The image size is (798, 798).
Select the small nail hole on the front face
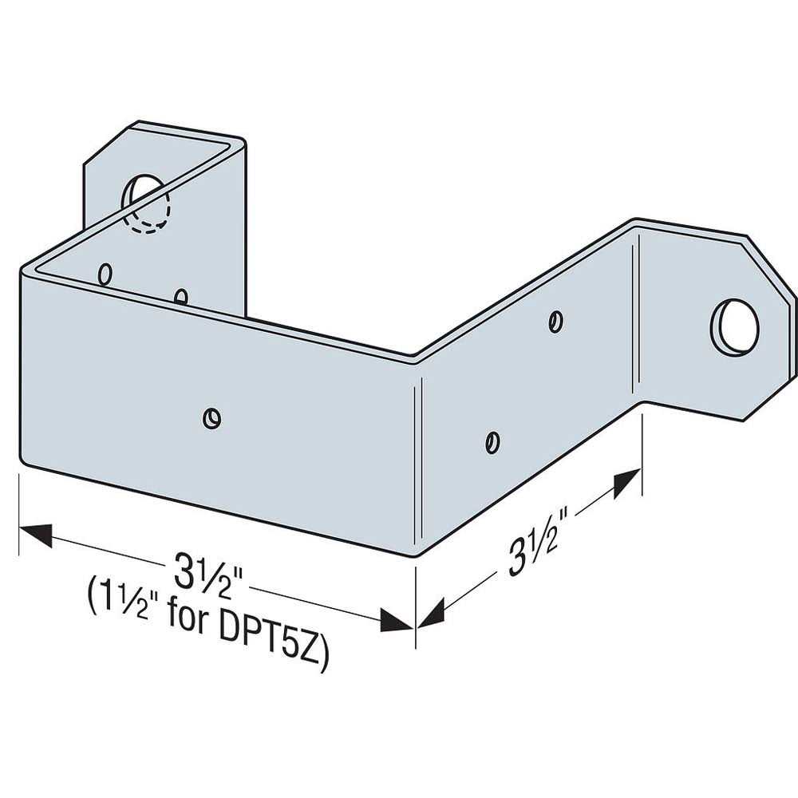[211, 417]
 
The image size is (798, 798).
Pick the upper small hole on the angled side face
[556, 322]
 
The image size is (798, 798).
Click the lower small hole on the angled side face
[493, 441]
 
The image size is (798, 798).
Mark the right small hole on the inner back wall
[181, 298]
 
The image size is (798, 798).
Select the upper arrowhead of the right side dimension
[627, 484]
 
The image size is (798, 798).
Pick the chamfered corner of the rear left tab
[107, 143]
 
